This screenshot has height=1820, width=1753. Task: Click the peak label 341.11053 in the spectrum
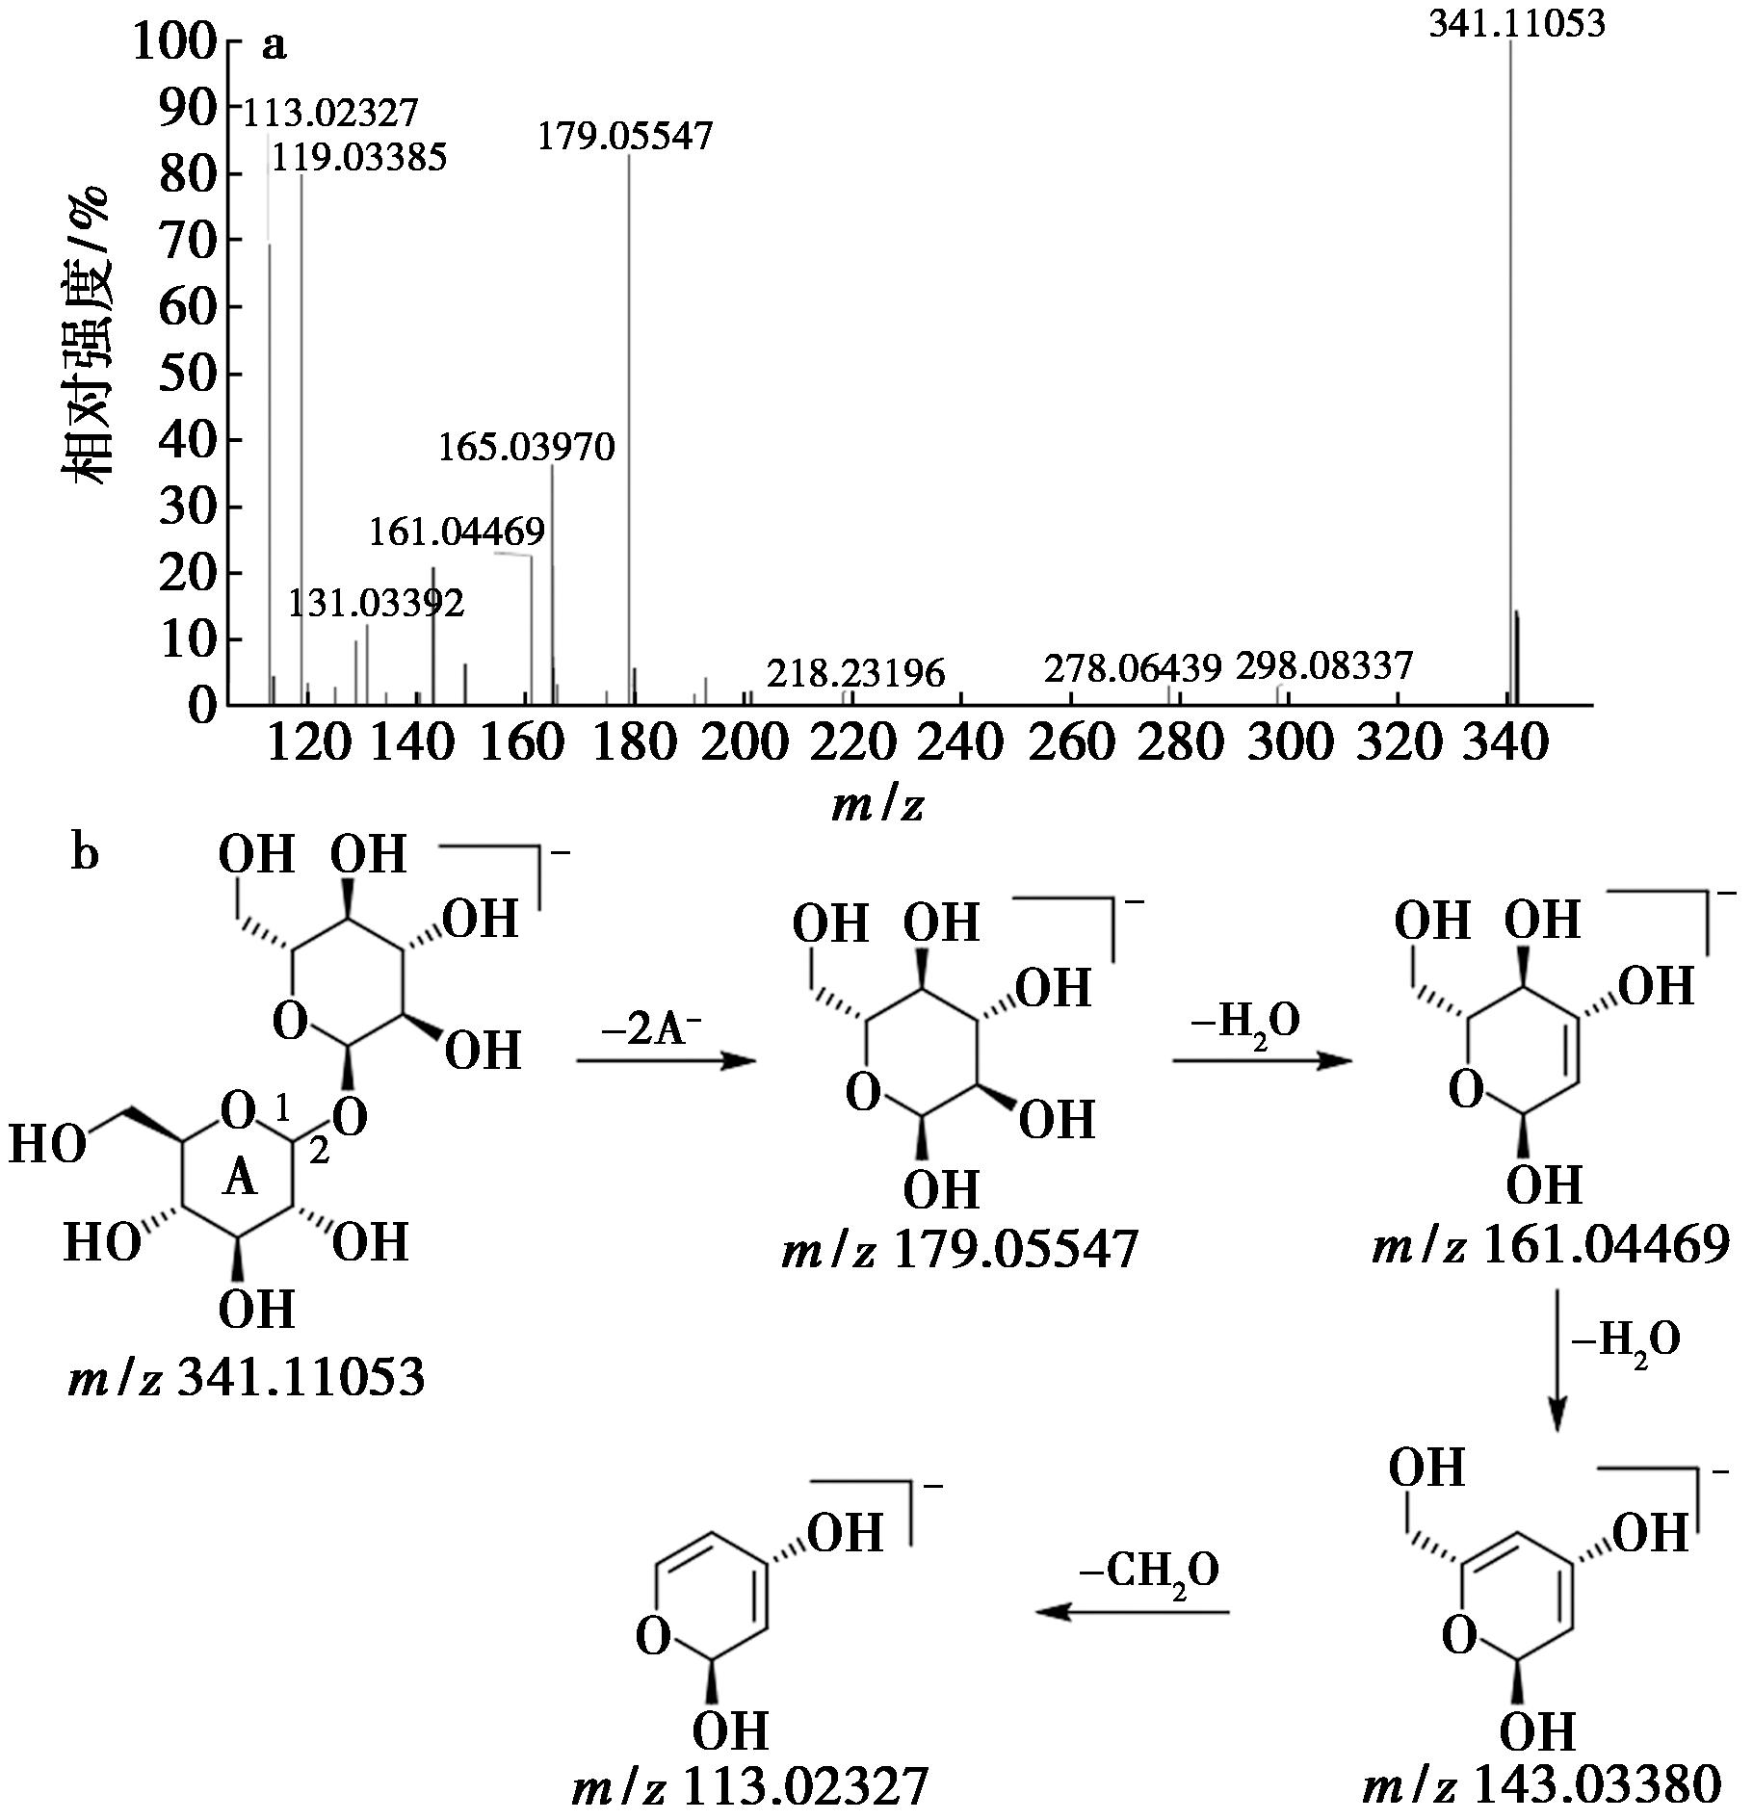coord(1516,23)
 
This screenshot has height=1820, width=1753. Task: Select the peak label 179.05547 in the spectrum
coord(624,136)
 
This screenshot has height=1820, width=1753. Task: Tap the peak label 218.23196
coord(855,673)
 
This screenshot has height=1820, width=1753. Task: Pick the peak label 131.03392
coord(376,604)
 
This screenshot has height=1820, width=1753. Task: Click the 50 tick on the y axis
coord(188,374)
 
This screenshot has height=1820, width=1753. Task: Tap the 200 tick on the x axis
coord(745,743)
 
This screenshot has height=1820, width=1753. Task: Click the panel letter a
coord(274,46)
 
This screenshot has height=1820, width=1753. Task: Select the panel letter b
coord(85,853)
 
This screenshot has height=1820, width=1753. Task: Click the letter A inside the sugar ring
coord(240,1178)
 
